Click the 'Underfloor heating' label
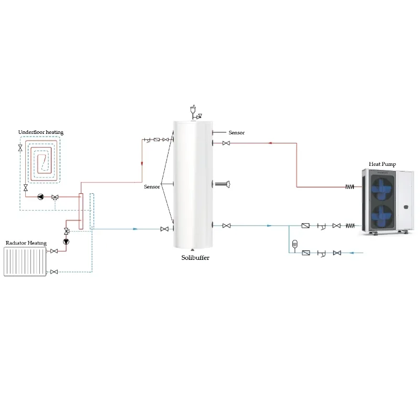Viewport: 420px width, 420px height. click(40, 132)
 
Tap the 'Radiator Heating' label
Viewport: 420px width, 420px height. click(26, 243)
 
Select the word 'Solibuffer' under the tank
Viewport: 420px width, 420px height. click(195, 257)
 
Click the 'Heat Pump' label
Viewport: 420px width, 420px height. click(382, 164)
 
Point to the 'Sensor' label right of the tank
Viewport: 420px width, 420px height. click(236, 133)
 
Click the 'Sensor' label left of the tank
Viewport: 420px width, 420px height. click(152, 187)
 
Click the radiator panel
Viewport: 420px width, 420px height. click(25, 261)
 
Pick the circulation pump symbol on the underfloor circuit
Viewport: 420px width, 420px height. click(41, 197)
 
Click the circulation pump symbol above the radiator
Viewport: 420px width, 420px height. click(66, 242)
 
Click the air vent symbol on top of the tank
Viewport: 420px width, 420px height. click(193, 111)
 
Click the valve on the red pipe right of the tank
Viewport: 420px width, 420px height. click(226, 143)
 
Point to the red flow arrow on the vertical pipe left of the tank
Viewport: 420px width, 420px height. click(142, 164)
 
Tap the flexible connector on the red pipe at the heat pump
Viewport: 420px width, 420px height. click(350, 187)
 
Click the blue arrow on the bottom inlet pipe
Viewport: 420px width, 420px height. click(352, 253)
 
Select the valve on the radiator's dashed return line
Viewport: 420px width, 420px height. click(54, 271)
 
